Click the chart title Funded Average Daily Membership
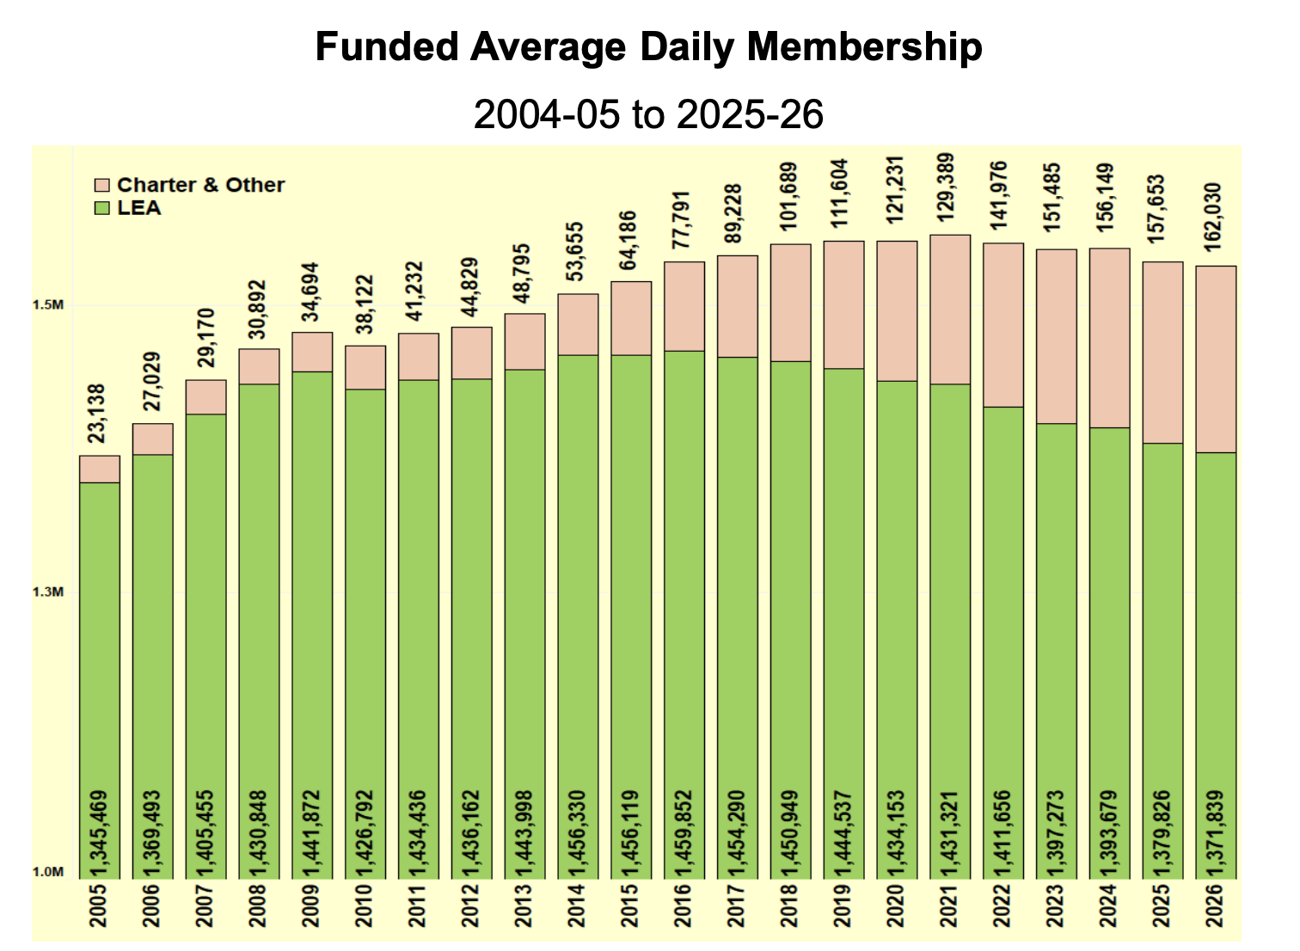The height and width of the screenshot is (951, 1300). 649,47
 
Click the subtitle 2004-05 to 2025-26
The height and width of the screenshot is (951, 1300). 649,114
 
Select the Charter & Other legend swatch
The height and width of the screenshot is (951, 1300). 101,186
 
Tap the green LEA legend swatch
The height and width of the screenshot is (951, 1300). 101,208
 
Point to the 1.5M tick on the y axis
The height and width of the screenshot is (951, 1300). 48,305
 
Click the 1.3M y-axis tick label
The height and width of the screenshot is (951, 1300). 48,592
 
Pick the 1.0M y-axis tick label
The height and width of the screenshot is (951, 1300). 48,872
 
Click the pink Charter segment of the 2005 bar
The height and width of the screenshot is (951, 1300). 100,469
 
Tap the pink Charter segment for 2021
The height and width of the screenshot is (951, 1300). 950,310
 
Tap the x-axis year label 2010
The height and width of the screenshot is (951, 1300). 365,905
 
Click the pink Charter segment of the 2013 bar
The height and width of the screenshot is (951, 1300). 524,341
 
